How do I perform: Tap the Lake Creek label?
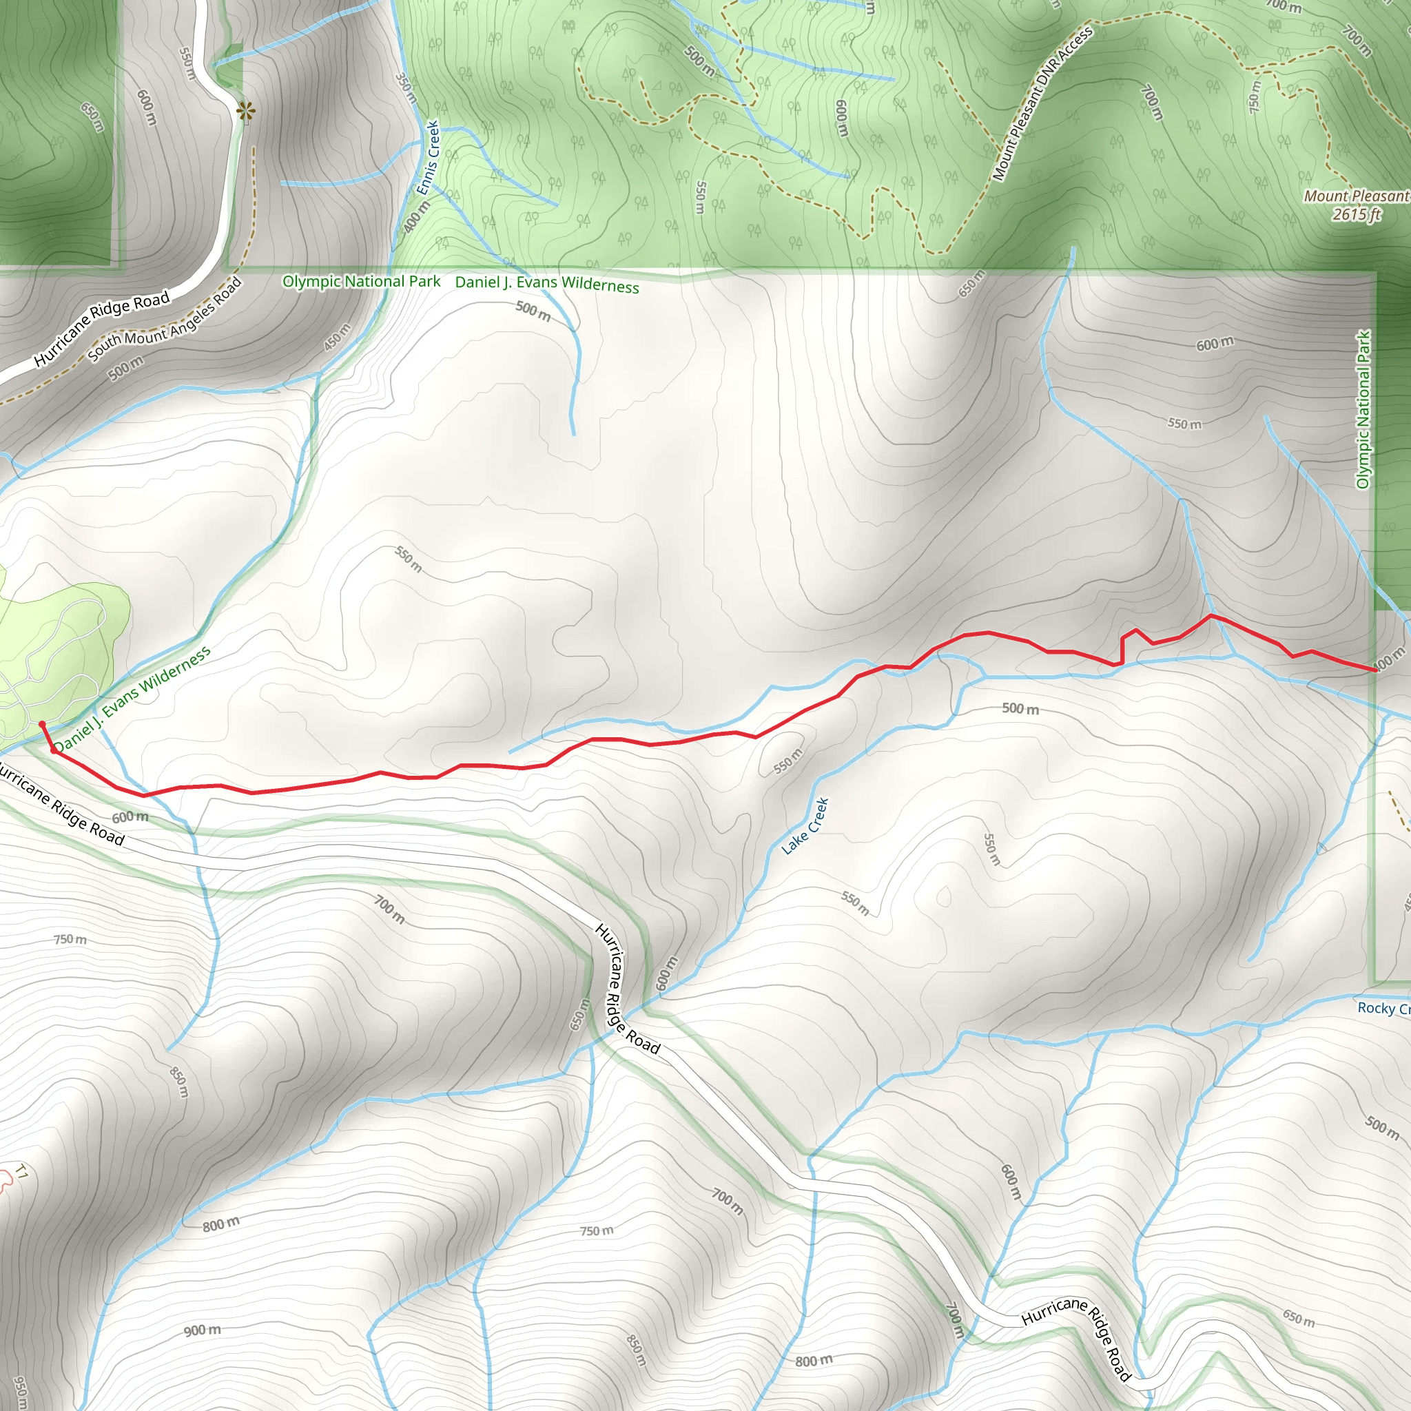click(805, 826)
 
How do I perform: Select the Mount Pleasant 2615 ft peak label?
click(1356, 205)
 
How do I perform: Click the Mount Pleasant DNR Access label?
click(1042, 104)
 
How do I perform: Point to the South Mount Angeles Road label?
click(165, 320)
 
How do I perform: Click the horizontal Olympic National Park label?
click(362, 282)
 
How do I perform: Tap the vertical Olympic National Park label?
click(1363, 409)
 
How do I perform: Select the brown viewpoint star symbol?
click(246, 111)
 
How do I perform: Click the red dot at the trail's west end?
click(42, 725)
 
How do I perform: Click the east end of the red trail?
click(1375, 670)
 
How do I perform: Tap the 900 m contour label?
click(203, 1330)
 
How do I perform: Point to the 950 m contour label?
click(21, 1391)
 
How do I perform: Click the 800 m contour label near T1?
click(220, 1224)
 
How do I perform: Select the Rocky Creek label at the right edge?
click(1383, 1009)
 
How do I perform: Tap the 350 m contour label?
click(406, 87)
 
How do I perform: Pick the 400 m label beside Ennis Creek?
click(415, 217)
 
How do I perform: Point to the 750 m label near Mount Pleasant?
click(1254, 96)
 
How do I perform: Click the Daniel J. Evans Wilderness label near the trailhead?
click(132, 699)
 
